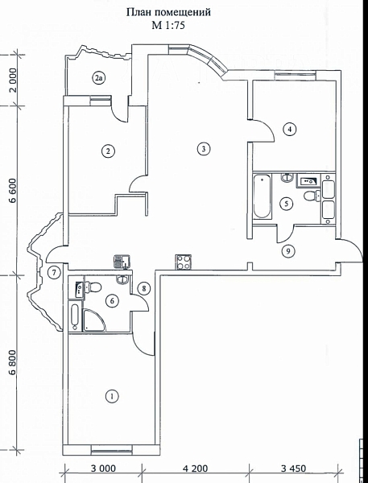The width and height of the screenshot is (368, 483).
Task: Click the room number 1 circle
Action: click(112, 396)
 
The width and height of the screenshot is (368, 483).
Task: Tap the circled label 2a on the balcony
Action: click(99, 78)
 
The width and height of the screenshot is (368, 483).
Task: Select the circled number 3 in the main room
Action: click(204, 149)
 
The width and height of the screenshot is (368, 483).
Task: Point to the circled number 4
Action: click(289, 130)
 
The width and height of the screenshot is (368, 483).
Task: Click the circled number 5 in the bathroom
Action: click(287, 204)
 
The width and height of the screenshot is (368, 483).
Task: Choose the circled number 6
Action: click(112, 300)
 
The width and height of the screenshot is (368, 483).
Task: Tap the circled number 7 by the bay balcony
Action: click(54, 273)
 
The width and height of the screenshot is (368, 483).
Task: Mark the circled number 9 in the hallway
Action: click(288, 251)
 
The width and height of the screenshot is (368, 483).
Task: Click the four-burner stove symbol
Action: click(183, 262)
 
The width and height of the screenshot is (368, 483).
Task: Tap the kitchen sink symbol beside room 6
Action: click(122, 262)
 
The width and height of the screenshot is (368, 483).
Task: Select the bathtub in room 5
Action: click(263, 196)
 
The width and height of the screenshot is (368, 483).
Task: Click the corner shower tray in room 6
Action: click(93, 320)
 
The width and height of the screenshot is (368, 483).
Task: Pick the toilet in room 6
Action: click(93, 287)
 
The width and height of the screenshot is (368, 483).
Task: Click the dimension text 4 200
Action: click(195, 469)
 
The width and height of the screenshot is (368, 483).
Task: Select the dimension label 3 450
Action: click(293, 469)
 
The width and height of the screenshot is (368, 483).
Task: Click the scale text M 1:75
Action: click(168, 25)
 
